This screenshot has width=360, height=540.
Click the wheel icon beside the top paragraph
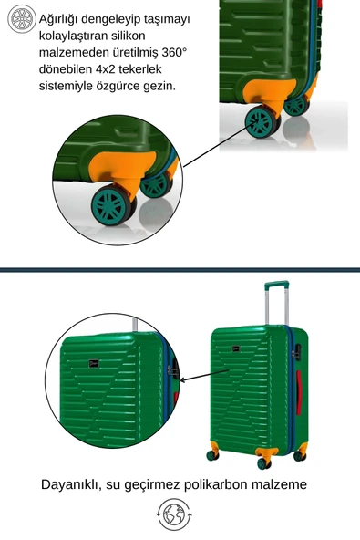point(22,18)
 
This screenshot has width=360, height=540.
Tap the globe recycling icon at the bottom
point(174,514)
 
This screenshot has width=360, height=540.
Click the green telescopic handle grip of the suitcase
point(276,285)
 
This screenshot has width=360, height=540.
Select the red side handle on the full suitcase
point(299,392)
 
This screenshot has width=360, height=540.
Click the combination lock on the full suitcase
point(297,352)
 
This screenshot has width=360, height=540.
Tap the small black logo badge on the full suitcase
point(235,348)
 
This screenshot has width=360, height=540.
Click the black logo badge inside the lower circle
point(94,363)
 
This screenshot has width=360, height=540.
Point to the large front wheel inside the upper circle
point(112,205)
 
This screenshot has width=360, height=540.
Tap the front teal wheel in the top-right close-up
point(262,121)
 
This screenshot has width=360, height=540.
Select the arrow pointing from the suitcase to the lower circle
point(204,376)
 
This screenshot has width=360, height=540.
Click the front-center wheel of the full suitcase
point(263,463)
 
